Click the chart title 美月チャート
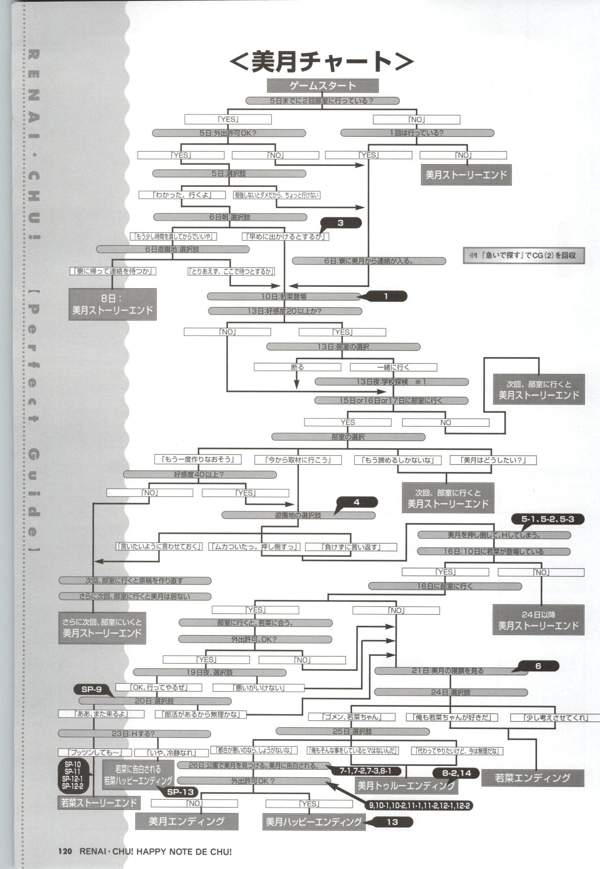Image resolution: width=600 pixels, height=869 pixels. pyautogui.click(x=322, y=61)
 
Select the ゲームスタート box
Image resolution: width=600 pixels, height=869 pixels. pyautogui.click(x=323, y=86)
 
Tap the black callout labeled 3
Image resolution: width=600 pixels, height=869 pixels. pyautogui.click(x=341, y=223)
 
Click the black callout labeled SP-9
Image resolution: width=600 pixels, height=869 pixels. pyautogui.click(x=92, y=689)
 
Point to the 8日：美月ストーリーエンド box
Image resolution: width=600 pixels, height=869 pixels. pyautogui.click(x=112, y=304)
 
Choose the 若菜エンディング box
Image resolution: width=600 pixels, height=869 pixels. pyautogui.click(x=532, y=778)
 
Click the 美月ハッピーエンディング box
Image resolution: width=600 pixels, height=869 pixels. pyautogui.click(x=314, y=822)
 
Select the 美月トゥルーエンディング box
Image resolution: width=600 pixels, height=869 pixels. pyautogui.click(x=406, y=785)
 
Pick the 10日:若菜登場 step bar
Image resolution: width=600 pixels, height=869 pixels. pyautogui.click(x=284, y=296)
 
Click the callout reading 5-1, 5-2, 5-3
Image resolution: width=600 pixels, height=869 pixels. pyautogui.click(x=547, y=519)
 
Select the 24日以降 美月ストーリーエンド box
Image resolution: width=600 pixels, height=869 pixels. pyautogui.click(x=538, y=620)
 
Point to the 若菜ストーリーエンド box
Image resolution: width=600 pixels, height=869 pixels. pyautogui.click(x=99, y=802)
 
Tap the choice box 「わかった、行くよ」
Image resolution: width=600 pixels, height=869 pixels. pyautogui.click(x=182, y=195)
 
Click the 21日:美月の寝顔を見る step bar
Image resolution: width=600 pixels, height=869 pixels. pyautogui.click(x=447, y=670)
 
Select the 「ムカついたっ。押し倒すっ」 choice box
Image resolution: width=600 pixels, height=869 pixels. pyautogui.click(x=254, y=546)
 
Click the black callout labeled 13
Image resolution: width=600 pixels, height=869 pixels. pyautogui.click(x=392, y=822)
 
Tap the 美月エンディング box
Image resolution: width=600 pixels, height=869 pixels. pyautogui.click(x=187, y=821)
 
